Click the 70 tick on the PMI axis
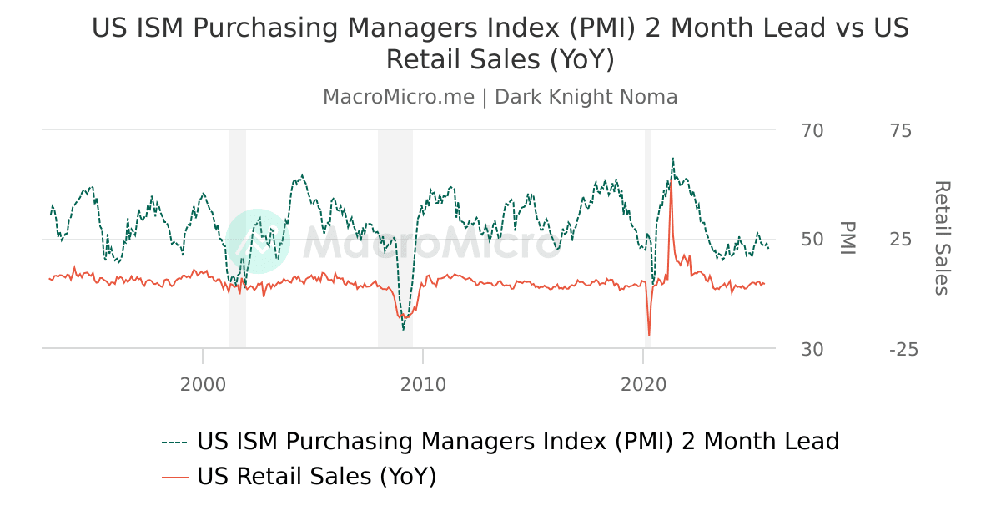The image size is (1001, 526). click(812, 131)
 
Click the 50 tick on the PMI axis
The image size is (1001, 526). click(812, 240)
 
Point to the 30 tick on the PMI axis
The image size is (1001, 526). click(812, 349)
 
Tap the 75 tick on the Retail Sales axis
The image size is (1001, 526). click(900, 131)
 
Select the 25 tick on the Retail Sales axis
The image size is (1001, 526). click(900, 240)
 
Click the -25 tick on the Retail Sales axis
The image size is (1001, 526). click(903, 349)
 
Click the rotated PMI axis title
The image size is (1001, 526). click(848, 239)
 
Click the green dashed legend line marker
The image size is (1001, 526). click(175, 442)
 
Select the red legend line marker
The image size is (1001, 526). click(175, 477)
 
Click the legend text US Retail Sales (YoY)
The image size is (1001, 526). click(317, 477)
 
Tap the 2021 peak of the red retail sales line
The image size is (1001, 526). click(671, 180)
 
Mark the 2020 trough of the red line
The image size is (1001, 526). click(649, 336)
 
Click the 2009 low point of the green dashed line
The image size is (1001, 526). click(404, 329)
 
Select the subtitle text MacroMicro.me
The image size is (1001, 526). click(399, 97)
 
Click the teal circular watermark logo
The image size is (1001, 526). click(258, 241)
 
